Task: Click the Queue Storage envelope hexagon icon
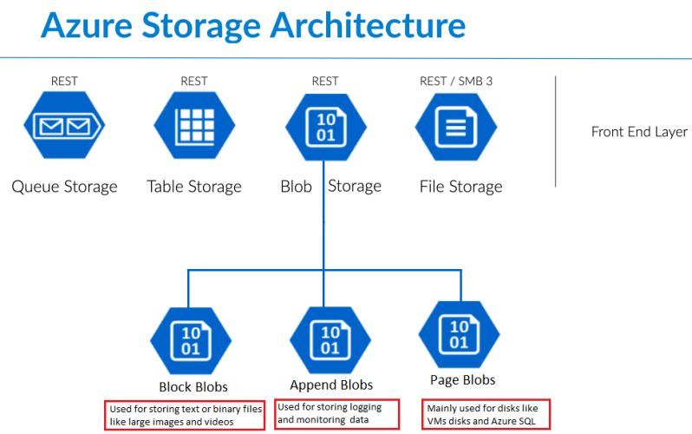pos(64,128)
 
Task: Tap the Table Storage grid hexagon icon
pos(194,128)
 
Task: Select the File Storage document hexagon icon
pos(456,128)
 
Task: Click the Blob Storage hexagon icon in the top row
pos(325,128)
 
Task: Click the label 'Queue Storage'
pos(64,187)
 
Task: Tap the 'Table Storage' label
pos(194,187)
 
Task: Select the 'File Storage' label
pos(460,187)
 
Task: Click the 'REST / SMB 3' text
pos(456,82)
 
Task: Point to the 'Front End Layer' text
pos(639,132)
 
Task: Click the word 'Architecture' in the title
pos(369,26)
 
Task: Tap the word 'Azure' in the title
pos(88,26)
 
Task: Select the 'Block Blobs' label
pos(193,387)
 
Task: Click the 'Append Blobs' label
pos(331,385)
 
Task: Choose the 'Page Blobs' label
pos(463,380)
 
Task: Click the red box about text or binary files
pos(184,415)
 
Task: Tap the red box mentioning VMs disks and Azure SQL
pos(486,413)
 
